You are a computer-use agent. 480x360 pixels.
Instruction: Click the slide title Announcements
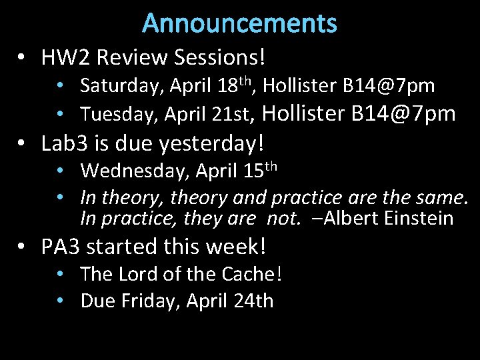239,23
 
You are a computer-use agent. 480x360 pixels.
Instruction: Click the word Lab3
62,143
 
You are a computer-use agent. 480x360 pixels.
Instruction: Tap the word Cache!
251,274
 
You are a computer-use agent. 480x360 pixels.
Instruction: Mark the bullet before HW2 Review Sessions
24,58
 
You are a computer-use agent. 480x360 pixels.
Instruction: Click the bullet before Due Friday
61,301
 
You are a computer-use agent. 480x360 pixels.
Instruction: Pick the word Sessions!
224,58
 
